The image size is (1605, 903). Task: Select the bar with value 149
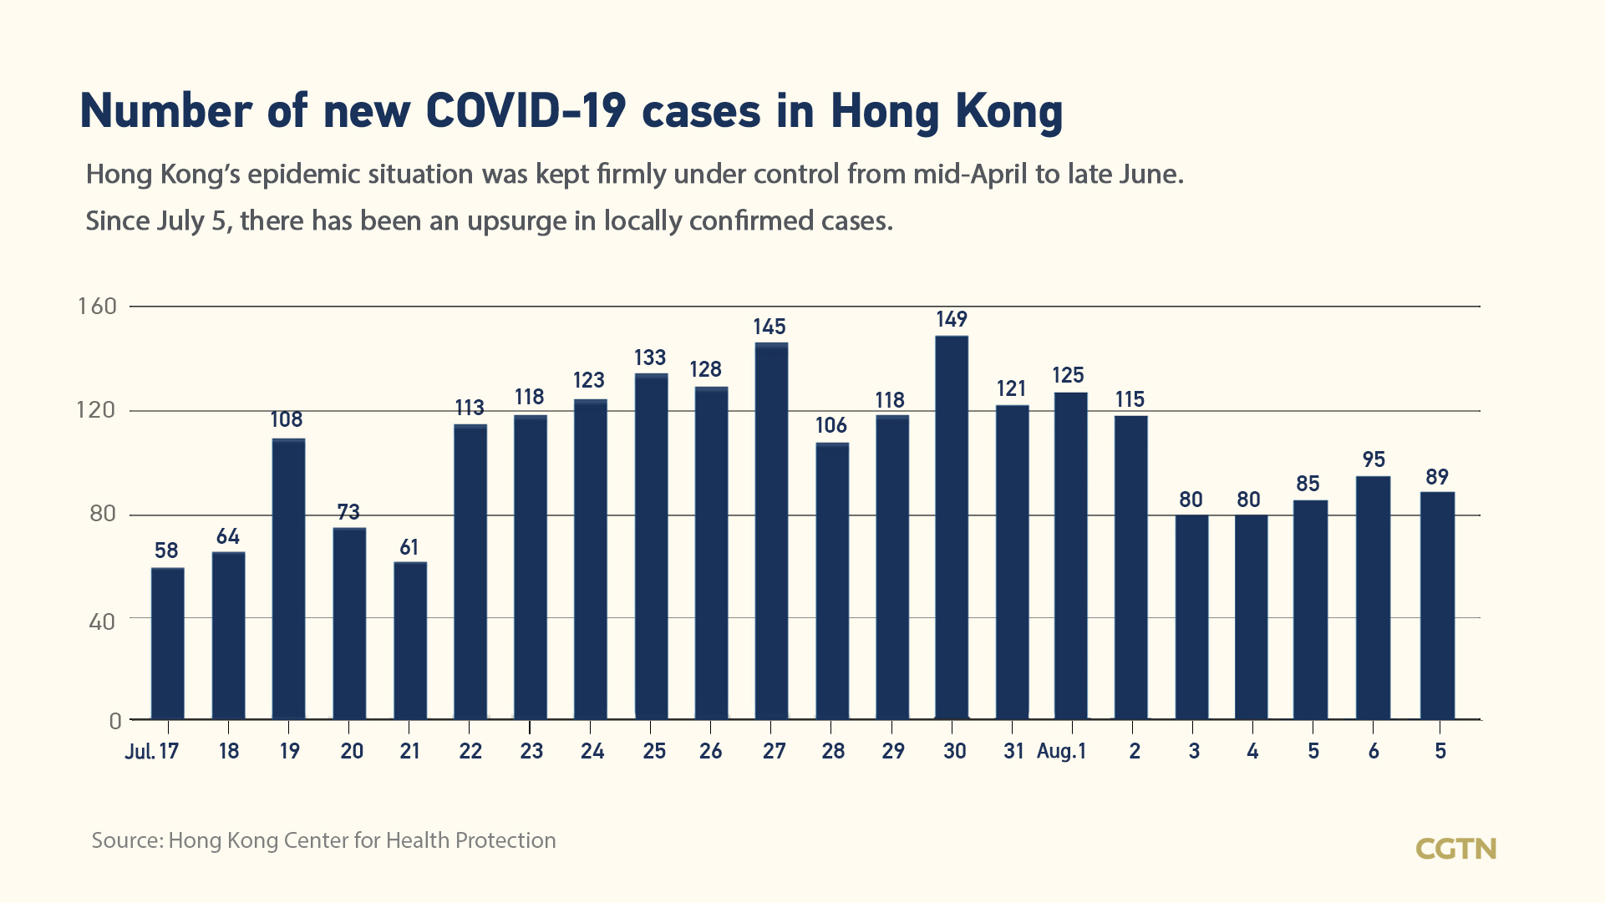(952, 527)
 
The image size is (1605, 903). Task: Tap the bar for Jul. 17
(168, 643)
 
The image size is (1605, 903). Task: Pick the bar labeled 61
(410, 640)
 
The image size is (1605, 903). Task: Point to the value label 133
(649, 358)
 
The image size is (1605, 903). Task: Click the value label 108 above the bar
(287, 419)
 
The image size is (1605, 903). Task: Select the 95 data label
(1374, 459)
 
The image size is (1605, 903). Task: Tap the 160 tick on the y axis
(98, 307)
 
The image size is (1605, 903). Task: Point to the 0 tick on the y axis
(115, 721)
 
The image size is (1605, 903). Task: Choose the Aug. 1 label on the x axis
(1061, 751)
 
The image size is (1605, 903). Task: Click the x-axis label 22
(470, 751)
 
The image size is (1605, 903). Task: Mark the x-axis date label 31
(1013, 751)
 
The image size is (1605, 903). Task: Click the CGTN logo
(1455, 849)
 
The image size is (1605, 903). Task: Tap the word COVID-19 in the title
(526, 111)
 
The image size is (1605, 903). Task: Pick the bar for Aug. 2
(1130, 567)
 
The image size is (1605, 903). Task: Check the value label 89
(1436, 477)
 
